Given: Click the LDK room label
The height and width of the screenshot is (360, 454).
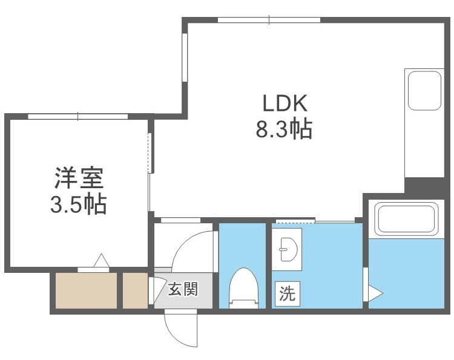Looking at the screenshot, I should pyautogui.click(x=285, y=103).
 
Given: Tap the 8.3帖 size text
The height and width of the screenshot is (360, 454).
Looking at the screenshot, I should pyautogui.click(x=285, y=129).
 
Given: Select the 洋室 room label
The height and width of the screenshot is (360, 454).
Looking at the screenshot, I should pyautogui.click(x=79, y=179).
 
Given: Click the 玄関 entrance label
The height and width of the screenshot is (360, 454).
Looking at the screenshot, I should pyautogui.click(x=183, y=290).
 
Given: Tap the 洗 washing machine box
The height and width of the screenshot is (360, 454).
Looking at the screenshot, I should pyautogui.click(x=286, y=294).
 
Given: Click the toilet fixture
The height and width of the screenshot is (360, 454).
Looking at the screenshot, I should pyautogui.click(x=243, y=288).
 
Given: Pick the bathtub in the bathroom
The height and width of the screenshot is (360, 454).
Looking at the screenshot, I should pyautogui.click(x=406, y=218).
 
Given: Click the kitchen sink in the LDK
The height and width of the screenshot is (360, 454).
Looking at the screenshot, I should pyautogui.click(x=424, y=91).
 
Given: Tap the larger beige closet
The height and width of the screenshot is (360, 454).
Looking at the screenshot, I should pyautogui.click(x=86, y=290).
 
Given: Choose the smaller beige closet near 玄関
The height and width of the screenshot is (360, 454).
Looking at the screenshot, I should pyautogui.click(x=136, y=290).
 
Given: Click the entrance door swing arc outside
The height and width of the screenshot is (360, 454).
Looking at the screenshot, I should pyautogui.click(x=181, y=330).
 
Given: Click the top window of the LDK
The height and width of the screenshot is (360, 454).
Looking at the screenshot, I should pyautogui.click(x=269, y=20).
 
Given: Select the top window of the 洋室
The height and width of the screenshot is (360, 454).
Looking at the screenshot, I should pyautogui.click(x=78, y=116).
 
